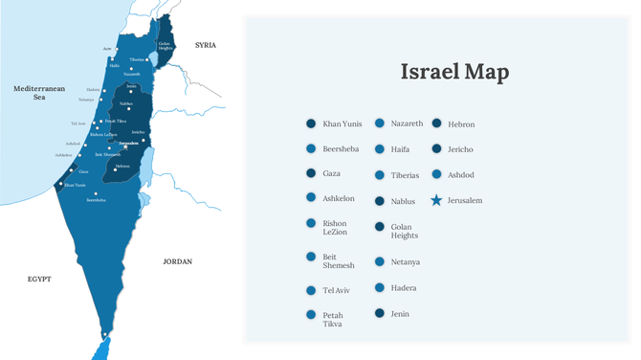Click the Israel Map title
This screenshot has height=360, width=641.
coord(453,72)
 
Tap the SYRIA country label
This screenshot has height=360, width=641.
coord(206,45)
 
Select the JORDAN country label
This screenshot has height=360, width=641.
coord(177,261)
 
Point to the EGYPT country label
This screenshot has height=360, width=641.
coord(39,280)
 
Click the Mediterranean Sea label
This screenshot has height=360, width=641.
coord(39,93)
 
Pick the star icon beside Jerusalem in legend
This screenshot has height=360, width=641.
coord(436,200)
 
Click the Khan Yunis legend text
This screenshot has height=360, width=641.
coord(343,124)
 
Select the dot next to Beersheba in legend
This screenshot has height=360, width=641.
coord(311,149)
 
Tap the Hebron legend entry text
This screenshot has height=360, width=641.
coord(461,124)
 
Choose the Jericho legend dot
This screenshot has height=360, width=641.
coord(436,149)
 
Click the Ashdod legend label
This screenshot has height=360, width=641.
coord(460,175)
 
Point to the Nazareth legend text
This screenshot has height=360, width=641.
coord(407,124)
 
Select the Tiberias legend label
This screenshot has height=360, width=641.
coord(405,175)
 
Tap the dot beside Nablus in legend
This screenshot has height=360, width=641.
coord(379,201)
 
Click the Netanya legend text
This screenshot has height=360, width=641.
coord(406,261)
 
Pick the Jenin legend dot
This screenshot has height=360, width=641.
coord(379,313)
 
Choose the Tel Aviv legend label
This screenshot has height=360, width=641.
coord(337,290)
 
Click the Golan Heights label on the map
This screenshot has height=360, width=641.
coord(165,45)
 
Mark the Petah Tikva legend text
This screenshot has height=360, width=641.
coord(334,320)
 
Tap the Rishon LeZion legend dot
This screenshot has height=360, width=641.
coord(311,223)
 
